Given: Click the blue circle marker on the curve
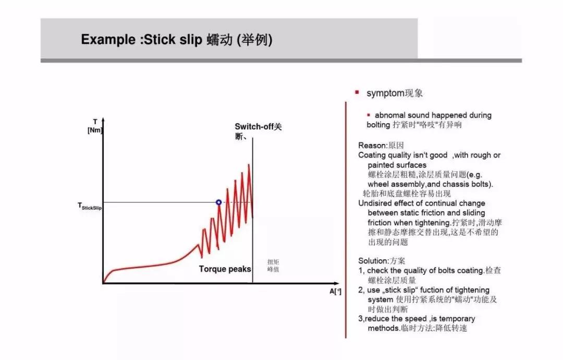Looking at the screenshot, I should (x=219, y=202).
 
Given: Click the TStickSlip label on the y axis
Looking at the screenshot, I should (x=90, y=207).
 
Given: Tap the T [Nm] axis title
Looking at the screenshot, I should (x=95, y=126).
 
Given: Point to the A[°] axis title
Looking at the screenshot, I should (x=335, y=291).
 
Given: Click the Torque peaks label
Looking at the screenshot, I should (x=225, y=269).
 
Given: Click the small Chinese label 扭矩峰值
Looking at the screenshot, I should (x=274, y=266).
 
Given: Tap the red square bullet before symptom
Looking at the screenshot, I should (x=357, y=92).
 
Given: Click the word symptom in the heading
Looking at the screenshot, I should (x=385, y=93).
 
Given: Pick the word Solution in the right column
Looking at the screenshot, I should (x=373, y=261).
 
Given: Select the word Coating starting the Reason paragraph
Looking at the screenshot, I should (x=372, y=155).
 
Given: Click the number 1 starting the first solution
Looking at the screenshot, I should (x=361, y=271).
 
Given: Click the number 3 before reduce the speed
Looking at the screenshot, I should (x=360, y=319).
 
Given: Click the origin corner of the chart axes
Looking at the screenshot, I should (x=103, y=283).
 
